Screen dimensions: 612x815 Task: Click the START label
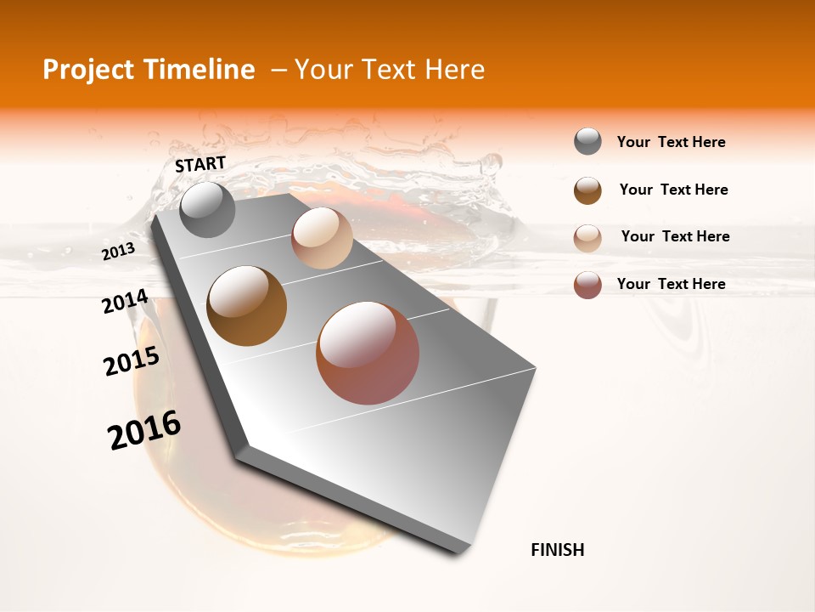point(200,164)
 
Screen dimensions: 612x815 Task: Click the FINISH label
point(557,550)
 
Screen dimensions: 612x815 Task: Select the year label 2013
point(119,251)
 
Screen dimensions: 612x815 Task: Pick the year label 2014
point(125,301)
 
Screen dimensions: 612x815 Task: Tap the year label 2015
point(132,361)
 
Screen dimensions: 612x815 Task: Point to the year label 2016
point(144,430)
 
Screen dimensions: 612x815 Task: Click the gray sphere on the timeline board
point(208,209)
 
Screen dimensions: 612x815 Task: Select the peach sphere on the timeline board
point(322,238)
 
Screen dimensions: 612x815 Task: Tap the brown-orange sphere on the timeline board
point(247,306)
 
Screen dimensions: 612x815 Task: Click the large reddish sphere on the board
point(368,353)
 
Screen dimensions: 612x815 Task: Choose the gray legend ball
point(587,142)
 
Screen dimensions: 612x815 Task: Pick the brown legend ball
point(587,190)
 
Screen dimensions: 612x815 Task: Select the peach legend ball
point(587,238)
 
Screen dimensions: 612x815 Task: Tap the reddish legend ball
point(587,285)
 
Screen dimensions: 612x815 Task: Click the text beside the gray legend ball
point(671,142)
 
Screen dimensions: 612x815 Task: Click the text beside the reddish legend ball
point(671,284)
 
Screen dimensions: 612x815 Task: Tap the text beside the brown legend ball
point(673,190)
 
